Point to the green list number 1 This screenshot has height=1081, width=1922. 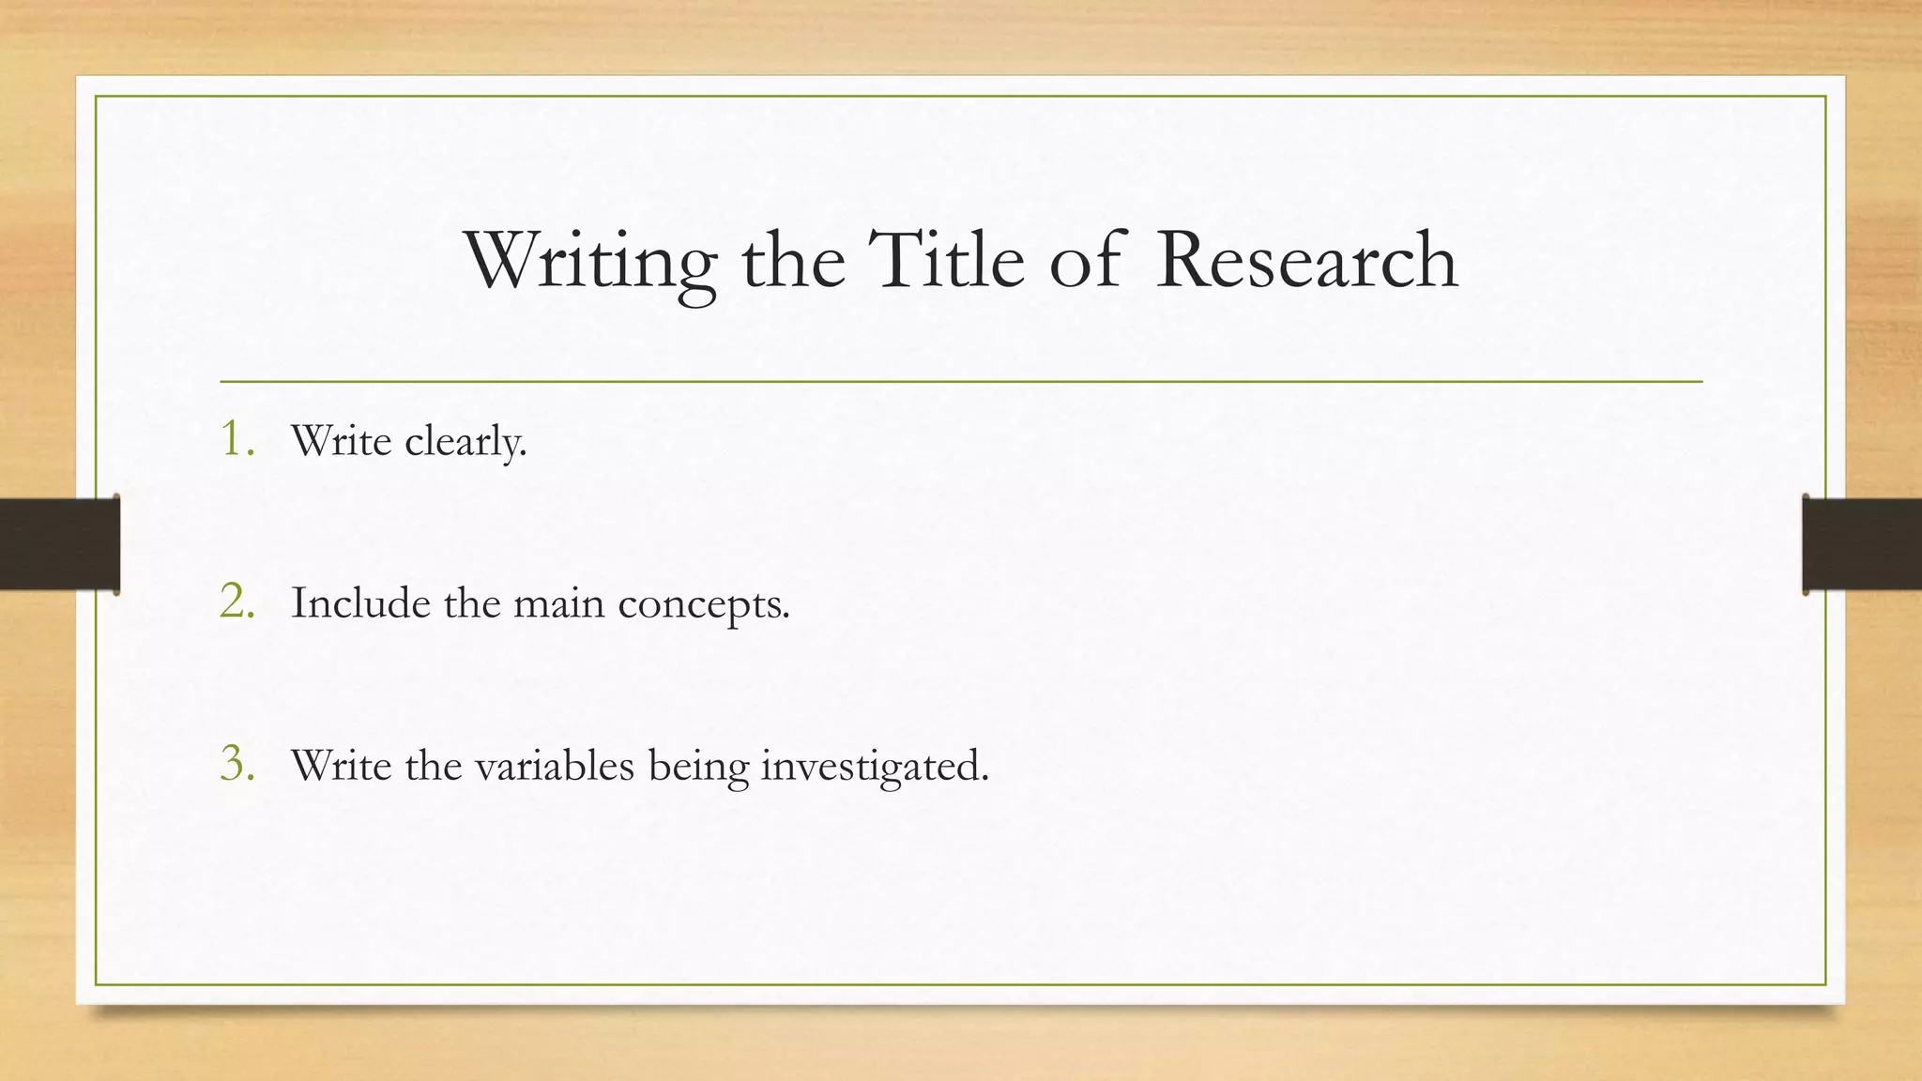tap(235, 438)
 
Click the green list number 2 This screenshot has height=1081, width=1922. tap(236, 601)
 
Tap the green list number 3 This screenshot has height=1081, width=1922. tap(236, 763)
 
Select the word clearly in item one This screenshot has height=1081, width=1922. tap(465, 441)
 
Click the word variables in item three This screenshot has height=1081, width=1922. tap(555, 765)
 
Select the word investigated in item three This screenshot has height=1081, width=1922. tap(874, 767)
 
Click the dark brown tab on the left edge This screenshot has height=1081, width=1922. tap(59, 544)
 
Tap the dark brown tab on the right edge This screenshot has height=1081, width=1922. tap(1862, 544)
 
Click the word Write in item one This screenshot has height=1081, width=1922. tap(341, 440)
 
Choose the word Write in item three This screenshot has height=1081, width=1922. tap(341, 765)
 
